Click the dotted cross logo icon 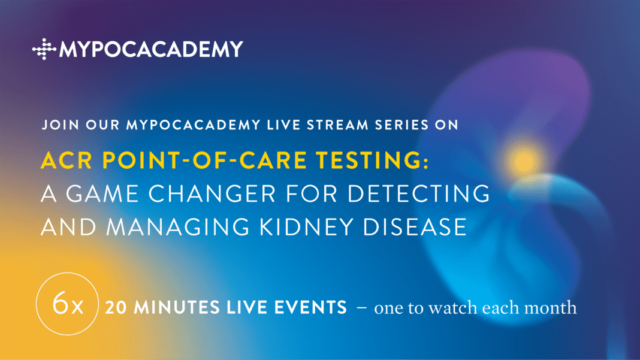pyautogui.click(x=44, y=49)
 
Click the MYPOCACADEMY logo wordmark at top pyautogui.click(x=151, y=49)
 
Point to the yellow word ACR pyautogui.click(x=67, y=160)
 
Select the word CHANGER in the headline pyautogui.click(x=212, y=193)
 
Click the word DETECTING pyautogui.click(x=418, y=193)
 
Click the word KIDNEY pyautogui.click(x=306, y=227)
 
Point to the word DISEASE pyautogui.click(x=415, y=227)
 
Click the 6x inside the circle pyautogui.click(x=68, y=304)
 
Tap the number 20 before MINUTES pyautogui.click(x=116, y=308)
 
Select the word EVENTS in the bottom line pyautogui.click(x=310, y=308)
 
